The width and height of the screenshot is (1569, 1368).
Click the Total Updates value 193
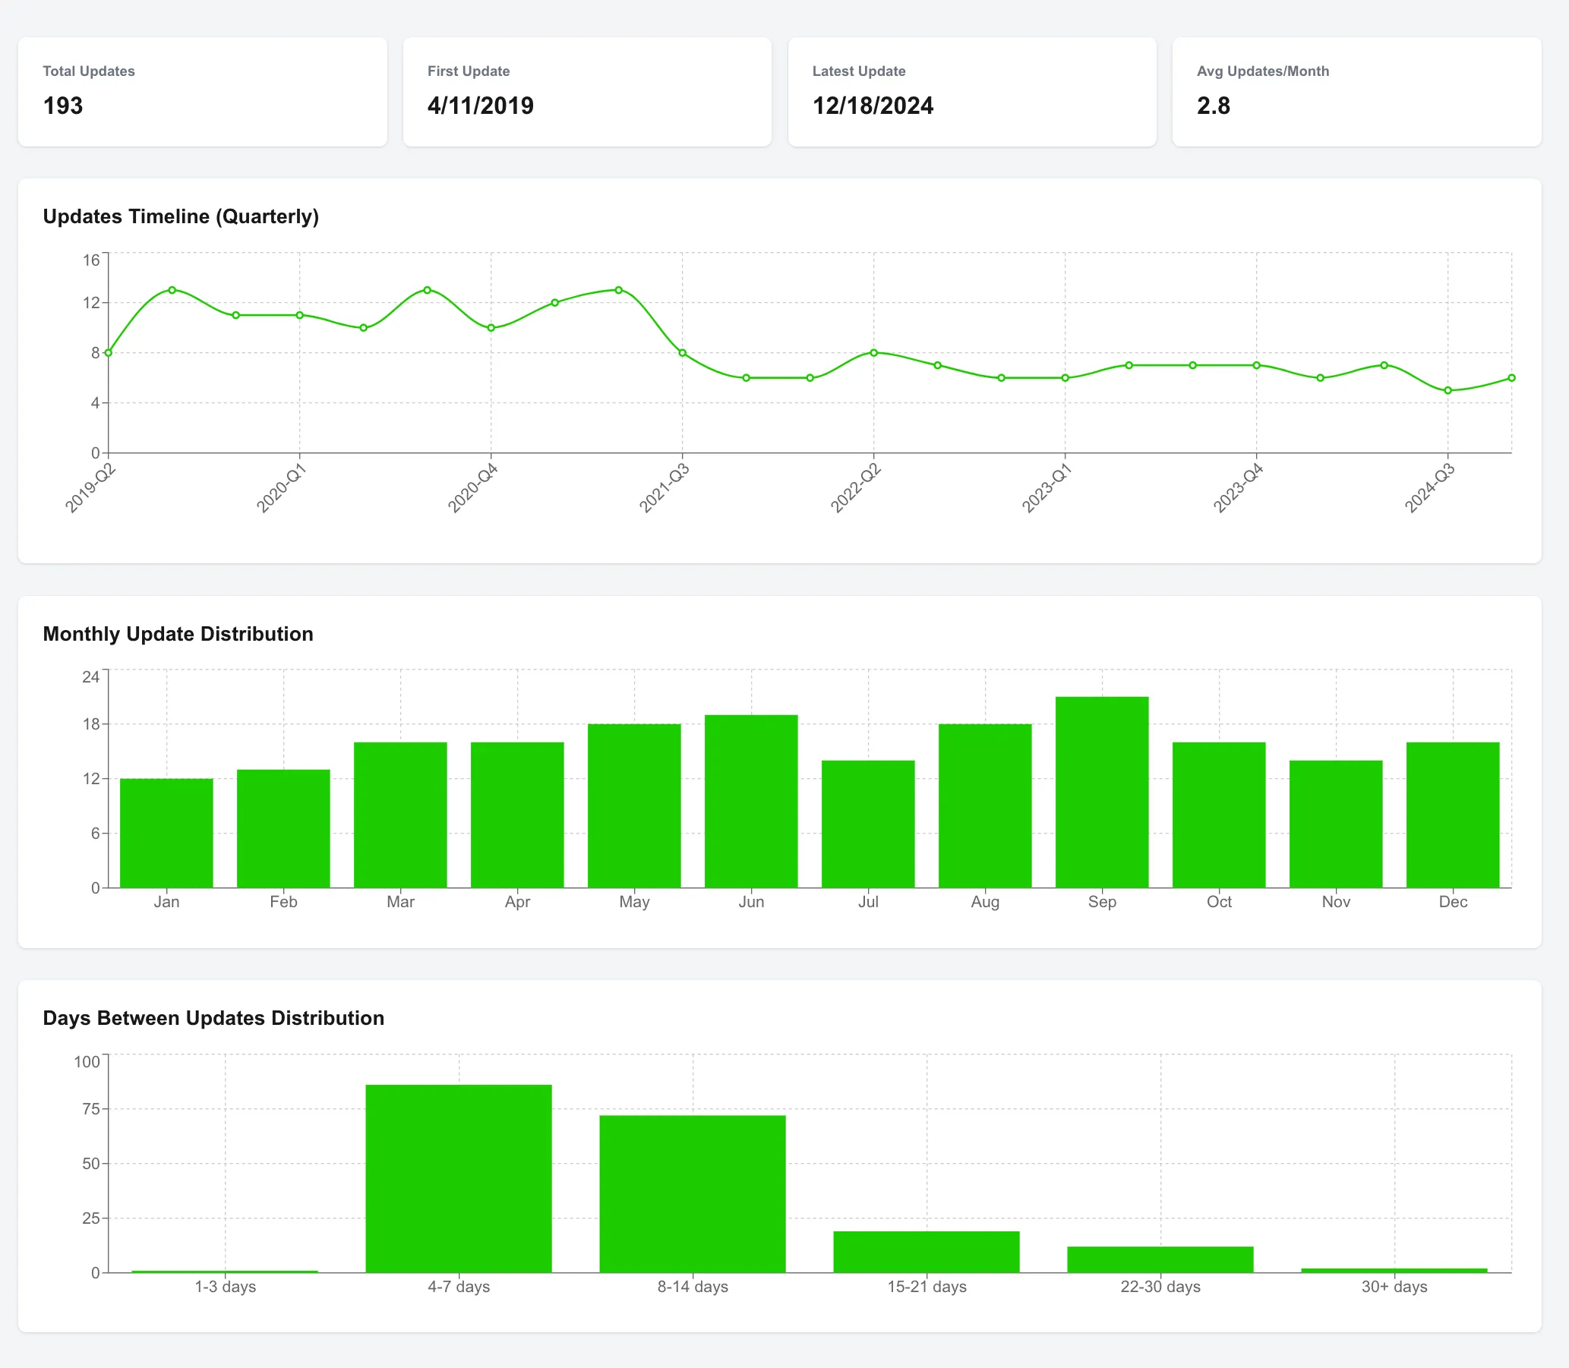pos(62,106)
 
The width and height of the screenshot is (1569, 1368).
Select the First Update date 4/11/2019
pos(480,106)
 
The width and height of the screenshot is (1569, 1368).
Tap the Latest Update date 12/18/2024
pos(872,106)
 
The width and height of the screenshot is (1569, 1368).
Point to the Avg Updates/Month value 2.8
pos(1213,106)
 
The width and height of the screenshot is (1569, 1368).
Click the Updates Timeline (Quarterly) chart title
pos(181,216)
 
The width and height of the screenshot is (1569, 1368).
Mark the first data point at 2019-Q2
pos(109,353)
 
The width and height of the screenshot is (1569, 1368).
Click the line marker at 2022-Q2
pos(873,353)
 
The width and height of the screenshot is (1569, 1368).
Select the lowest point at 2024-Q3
pos(1447,390)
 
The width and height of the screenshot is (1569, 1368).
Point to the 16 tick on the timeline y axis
pos(92,260)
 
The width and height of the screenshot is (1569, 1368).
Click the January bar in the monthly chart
pos(166,833)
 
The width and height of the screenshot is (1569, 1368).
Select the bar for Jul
pos(867,824)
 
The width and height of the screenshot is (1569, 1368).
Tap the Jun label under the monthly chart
pos(750,902)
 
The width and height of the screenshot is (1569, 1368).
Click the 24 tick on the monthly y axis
pos(91,677)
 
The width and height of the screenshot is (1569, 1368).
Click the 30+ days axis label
pos(1394,1286)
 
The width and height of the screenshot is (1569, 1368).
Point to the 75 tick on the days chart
pos(91,1108)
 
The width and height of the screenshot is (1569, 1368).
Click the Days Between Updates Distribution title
pos(213,1017)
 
